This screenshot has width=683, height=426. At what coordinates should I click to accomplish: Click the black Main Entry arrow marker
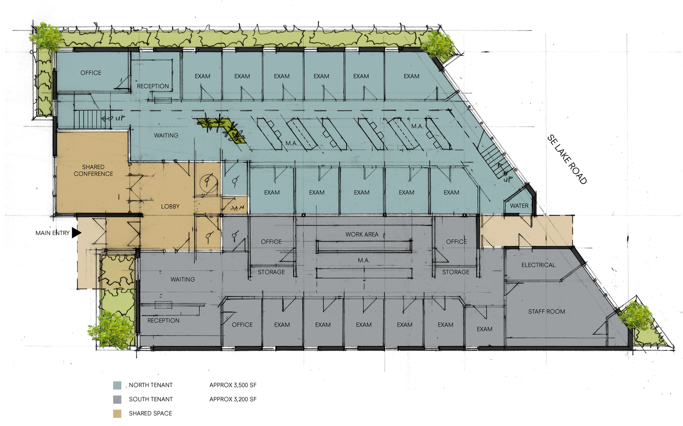(x=76, y=233)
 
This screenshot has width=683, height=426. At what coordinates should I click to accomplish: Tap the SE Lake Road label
(x=567, y=159)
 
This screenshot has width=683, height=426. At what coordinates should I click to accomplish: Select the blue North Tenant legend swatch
(x=117, y=385)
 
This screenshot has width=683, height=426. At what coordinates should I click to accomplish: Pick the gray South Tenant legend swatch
(x=117, y=399)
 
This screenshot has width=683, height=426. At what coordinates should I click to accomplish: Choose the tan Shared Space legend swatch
(x=117, y=413)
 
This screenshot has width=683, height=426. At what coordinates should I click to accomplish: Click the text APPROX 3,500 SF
(x=233, y=385)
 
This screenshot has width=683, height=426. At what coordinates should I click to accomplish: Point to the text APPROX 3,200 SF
(x=233, y=399)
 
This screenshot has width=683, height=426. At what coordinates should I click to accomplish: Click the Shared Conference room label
(x=93, y=170)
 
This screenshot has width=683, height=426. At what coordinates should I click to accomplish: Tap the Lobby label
(x=170, y=206)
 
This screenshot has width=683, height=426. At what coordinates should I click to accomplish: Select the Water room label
(x=519, y=206)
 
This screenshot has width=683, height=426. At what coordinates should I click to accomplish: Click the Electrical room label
(x=538, y=265)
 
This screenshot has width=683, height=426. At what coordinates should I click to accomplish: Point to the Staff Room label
(x=546, y=311)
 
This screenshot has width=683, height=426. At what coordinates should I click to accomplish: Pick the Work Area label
(x=362, y=234)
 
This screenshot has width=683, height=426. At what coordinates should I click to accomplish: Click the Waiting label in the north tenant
(x=166, y=135)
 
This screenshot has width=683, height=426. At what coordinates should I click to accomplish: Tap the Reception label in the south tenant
(x=163, y=320)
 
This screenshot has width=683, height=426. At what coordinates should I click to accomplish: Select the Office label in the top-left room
(x=91, y=73)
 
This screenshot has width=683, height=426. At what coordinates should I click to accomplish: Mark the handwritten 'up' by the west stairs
(x=120, y=118)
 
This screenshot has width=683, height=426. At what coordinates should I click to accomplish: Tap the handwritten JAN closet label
(x=237, y=208)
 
